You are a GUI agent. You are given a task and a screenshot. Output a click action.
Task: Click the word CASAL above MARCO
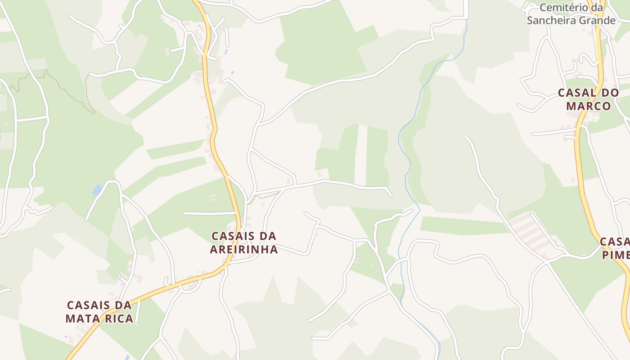pyautogui.click(x=576, y=93)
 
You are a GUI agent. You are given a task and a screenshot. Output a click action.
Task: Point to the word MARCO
pyautogui.click(x=589, y=106)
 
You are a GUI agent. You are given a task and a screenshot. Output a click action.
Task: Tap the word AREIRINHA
pyautogui.click(x=244, y=249)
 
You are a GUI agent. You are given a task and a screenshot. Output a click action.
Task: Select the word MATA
pyautogui.click(x=82, y=319)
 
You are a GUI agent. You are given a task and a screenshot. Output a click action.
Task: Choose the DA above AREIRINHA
pyautogui.click(x=267, y=236)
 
